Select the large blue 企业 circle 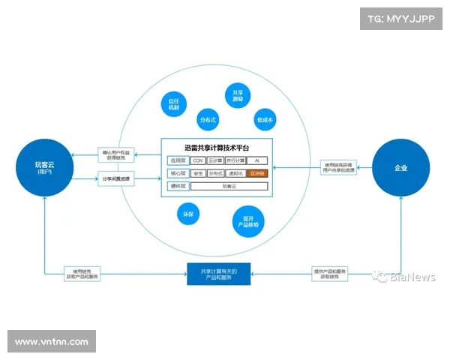coord(401,168)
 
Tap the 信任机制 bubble coord(173,104)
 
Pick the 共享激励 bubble coord(236,96)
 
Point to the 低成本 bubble coord(265,119)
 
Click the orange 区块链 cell coord(256,172)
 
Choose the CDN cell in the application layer coord(198,160)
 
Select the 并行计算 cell coord(235,160)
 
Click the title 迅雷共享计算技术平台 coord(217,146)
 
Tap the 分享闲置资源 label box coord(116,178)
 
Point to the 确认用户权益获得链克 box coord(116,154)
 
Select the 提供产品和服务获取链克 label coord(330,274)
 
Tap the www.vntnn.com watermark coord(51,342)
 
